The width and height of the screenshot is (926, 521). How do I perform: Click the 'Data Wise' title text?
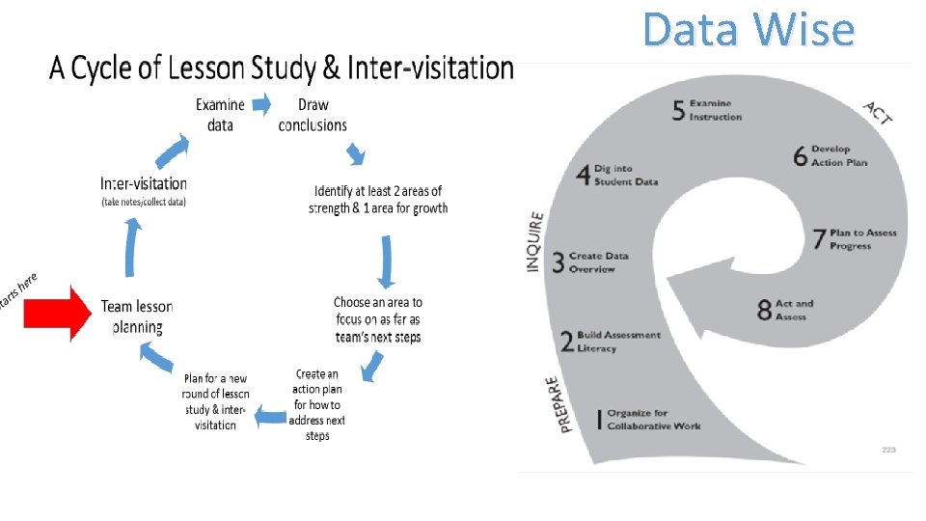pos(749,30)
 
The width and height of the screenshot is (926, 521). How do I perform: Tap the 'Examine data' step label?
pos(220,115)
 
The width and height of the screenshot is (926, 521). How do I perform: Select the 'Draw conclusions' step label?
pos(313,115)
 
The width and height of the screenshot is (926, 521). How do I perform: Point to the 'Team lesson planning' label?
pos(137,316)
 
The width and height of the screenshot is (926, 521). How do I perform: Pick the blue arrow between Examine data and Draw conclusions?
pos(261,103)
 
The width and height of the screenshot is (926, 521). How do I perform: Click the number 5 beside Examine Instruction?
pos(679,111)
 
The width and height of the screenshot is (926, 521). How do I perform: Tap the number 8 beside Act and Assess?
pos(764,310)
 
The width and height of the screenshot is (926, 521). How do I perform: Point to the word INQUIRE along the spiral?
pos(535,241)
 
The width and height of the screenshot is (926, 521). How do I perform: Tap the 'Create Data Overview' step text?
pos(599,262)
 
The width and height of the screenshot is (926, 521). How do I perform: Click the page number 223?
pos(889,450)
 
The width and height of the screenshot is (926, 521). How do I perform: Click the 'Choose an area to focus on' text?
pos(378,318)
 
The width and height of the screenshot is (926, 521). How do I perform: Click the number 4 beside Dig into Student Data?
pos(583,175)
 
